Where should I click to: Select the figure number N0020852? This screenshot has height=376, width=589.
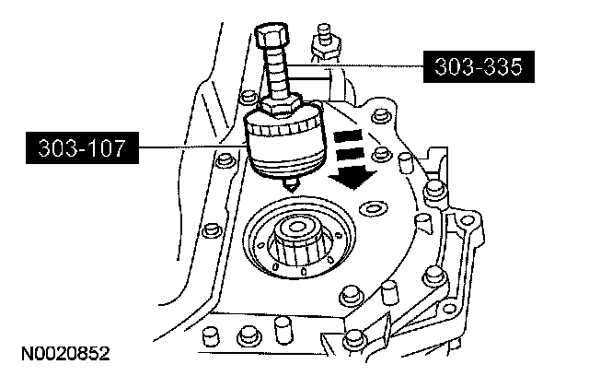62,353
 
